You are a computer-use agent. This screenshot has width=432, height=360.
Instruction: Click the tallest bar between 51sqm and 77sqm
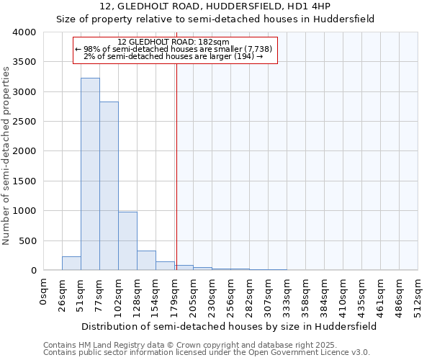pos(90,174)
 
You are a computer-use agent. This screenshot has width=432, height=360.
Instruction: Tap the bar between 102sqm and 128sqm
pos(127,241)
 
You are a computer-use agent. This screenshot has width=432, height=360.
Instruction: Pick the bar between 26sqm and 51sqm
pos(71,264)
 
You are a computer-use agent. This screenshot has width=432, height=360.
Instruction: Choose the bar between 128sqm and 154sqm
pos(146,261)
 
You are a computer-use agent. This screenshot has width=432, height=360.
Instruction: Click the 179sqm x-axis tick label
pos(174,294)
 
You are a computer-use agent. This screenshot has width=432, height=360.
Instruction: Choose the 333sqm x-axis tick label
pos(287,294)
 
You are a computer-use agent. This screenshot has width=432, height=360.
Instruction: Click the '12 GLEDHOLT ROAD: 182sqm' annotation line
pos(173,42)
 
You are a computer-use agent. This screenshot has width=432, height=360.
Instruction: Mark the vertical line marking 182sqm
pos(176,166)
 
